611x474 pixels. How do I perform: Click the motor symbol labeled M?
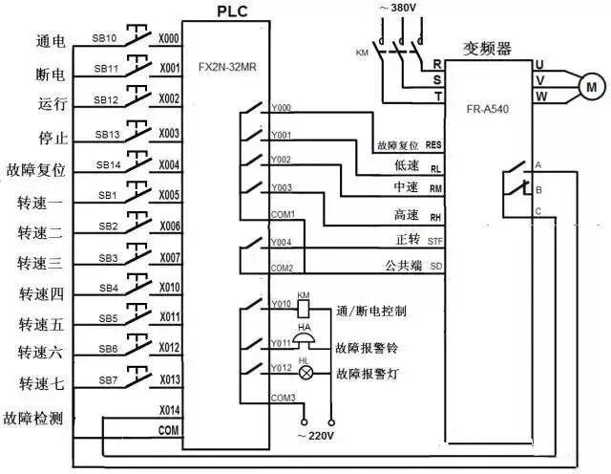coord(588,85)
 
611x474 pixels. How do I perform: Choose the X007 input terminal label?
coord(169,258)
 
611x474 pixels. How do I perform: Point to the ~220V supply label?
coord(316,436)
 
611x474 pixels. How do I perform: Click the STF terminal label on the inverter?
coord(435,240)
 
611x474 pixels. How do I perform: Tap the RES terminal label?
coord(434,144)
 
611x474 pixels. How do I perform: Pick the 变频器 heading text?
coord(484,47)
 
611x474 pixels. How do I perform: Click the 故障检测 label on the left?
coord(36,419)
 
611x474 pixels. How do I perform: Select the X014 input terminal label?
coord(169,409)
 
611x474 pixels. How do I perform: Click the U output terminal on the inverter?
coord(539,65)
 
